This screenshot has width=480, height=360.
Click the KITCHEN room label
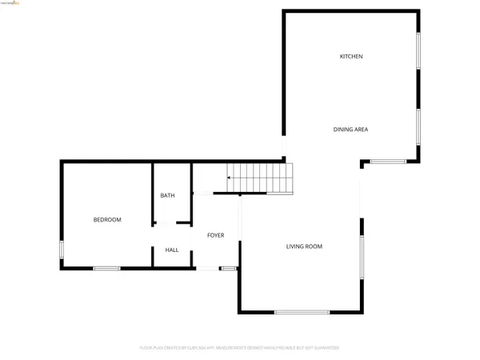[351, 57]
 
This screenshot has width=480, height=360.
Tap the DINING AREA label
[350, 130]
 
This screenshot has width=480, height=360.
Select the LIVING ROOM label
[304, 246]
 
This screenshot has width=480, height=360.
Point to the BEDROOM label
[107, 219]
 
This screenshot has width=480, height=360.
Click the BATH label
[167, 195]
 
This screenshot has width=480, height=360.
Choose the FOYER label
[215, 235]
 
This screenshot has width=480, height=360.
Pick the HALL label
[172, 250]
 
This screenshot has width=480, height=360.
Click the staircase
[261, 178]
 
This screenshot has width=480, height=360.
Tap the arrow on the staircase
[231, 177]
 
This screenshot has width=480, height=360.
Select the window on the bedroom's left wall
[62, 250]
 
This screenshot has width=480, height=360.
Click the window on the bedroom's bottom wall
[106, 268]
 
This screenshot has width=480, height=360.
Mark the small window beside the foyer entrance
[229, 268]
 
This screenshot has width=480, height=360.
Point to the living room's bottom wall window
[302, 312]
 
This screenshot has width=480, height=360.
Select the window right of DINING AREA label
[418, 126]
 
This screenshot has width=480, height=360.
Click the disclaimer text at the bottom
[240, 348]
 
